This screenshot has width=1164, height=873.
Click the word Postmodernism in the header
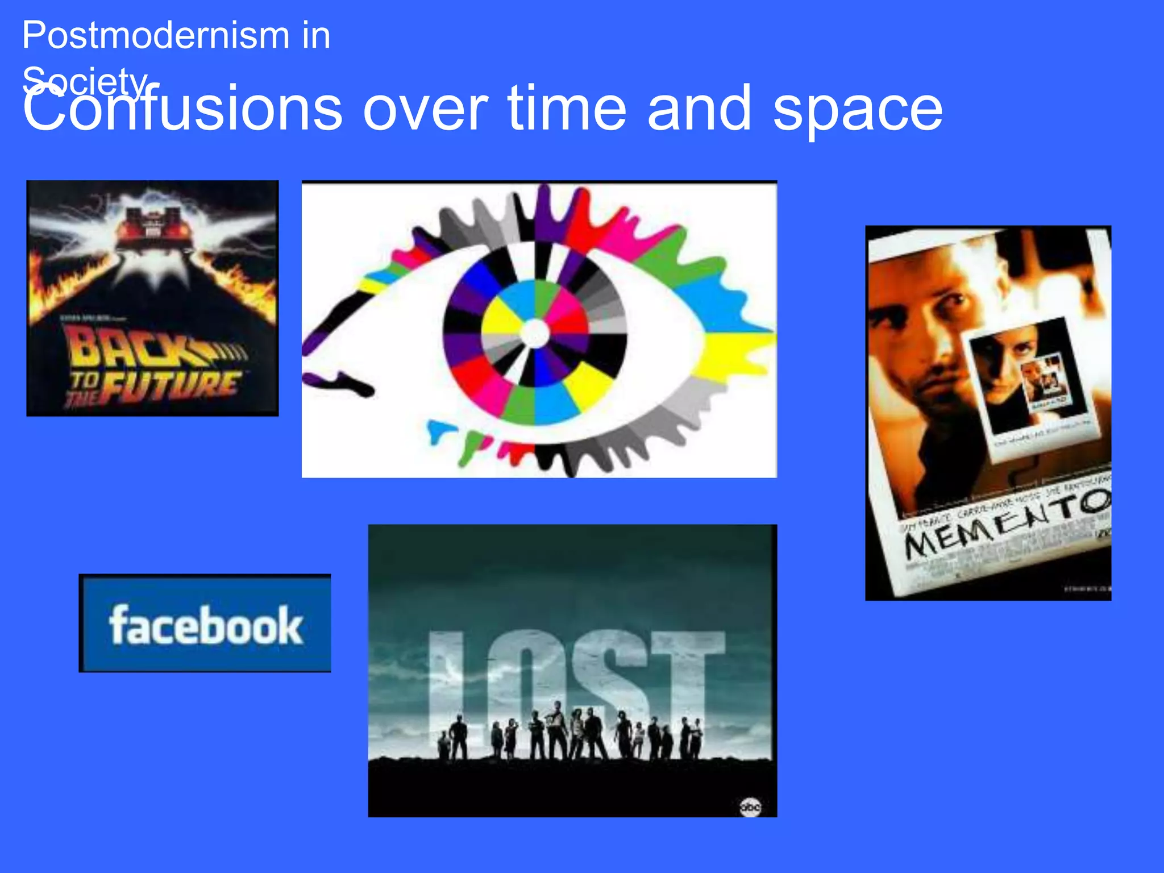tap(156, 36)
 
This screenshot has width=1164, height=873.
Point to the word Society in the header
tap(85, 81)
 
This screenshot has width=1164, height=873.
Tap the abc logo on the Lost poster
tap(750, 807)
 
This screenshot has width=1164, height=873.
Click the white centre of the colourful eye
tap(534, 333)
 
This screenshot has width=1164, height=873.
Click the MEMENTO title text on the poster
tap(1006, 523)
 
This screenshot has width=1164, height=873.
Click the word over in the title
tap(425, 108)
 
